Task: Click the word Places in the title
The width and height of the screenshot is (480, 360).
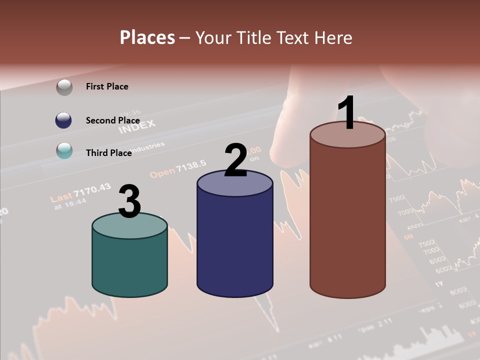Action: (x=147, y=37)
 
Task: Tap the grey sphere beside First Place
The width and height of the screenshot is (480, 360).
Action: (x=64, y=87)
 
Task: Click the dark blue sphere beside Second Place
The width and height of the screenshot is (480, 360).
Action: (x=63, y=120)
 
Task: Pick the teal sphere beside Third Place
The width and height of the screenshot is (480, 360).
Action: (x=64, y=150)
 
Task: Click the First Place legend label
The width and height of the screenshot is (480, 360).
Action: (x=107, y=86)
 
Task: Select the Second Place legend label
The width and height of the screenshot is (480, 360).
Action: (x=112, y=120)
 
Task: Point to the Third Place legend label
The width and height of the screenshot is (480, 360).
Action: (x=108, y=153)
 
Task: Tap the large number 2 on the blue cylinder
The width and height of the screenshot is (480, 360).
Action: (x=235, y=160)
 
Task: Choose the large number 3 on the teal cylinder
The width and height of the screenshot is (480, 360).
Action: (x=130, y=202)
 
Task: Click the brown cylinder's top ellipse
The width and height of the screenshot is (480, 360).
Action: (x=347, y=135)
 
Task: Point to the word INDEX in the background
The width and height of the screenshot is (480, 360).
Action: (x=136, y=126)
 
